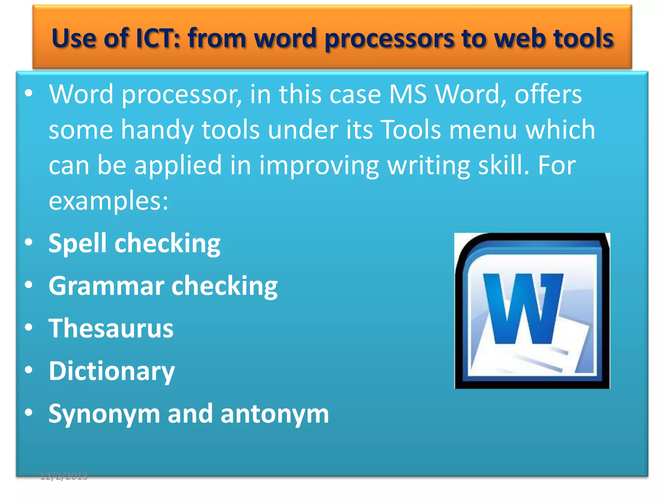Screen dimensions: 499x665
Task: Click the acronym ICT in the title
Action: tap(157, 38)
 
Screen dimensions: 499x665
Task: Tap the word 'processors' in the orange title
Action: tap(389, 39)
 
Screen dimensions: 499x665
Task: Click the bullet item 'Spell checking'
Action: tap(134, 243)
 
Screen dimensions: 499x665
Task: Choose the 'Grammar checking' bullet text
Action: tap(163, 286)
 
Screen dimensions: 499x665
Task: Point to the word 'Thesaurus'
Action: tap(111, 328)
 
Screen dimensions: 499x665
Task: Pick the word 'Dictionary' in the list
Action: tap(112, 371)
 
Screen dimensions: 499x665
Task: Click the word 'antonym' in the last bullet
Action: tap(275, 414)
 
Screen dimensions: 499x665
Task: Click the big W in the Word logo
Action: tap(522, 309)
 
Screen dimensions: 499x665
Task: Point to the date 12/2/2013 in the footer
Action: tap(64, 476)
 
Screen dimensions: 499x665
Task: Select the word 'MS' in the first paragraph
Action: tap(408, 94)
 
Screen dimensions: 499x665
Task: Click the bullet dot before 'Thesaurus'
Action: tap(29, 327)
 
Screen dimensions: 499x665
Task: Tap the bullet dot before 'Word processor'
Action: tap(29, 93)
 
